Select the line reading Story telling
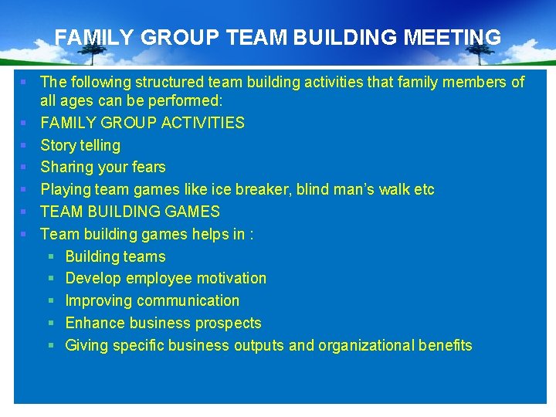coord(80,145)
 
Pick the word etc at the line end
coord(424,189)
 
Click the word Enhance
coord(93,323)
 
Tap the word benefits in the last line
coord(446,345)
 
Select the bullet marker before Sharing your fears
coord(24,168)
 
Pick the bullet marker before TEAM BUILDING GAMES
coord(24,212)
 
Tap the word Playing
coord(65,190)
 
